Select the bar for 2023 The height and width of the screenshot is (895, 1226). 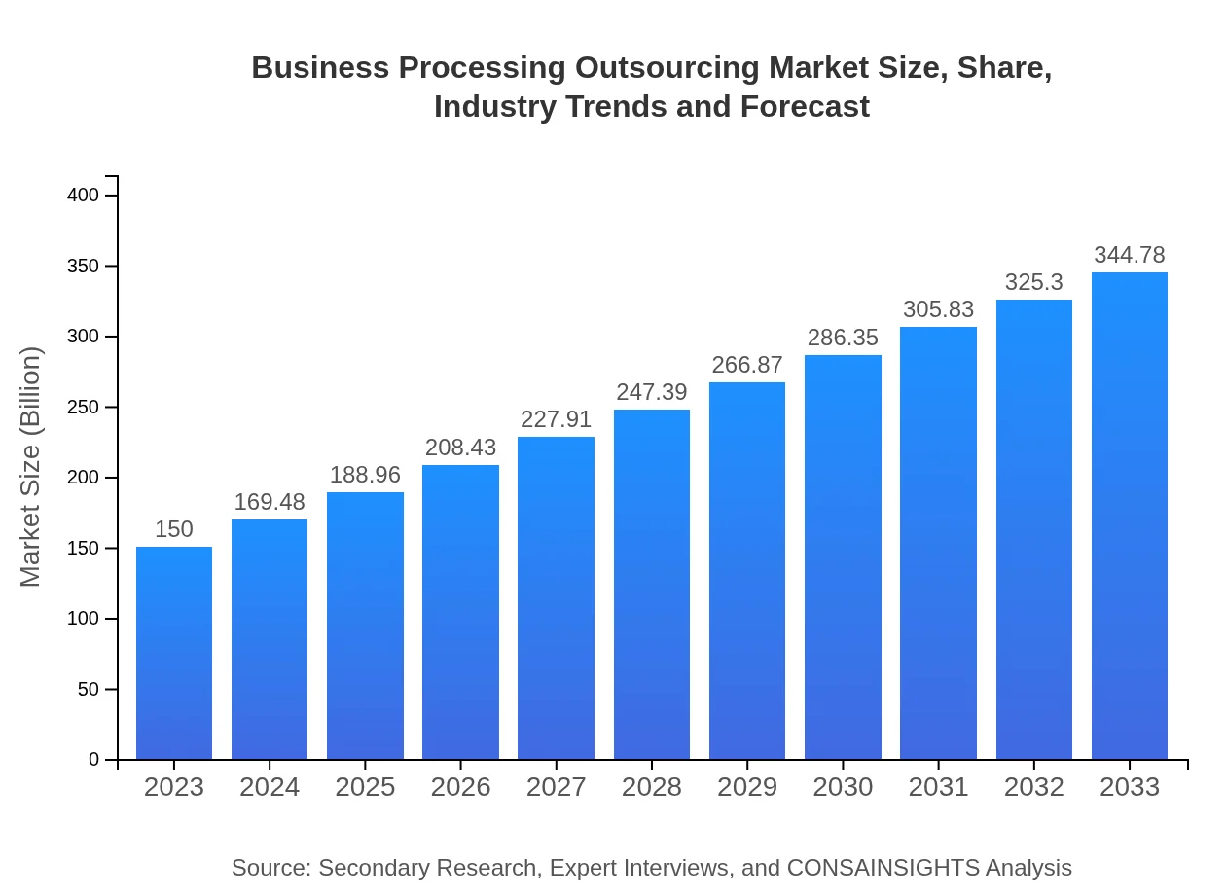click(174, 652)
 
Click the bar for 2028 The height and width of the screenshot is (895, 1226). click(652, 584)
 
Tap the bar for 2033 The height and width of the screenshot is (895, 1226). click(1130, 516)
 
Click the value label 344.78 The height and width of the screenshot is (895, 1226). click(1130, 255)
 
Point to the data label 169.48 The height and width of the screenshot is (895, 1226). click(270, 502)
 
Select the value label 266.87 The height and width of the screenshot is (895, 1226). click(747, 365)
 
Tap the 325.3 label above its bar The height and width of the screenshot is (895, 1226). click(1034, 282)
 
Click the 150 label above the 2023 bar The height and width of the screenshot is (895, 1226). click(174, 529)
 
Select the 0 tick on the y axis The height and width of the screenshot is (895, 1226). click(94, 760)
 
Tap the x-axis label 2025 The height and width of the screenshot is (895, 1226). click(365, 787)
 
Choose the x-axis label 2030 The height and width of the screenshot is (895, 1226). click(843, 787)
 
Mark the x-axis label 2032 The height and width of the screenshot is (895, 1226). click(1034, 787)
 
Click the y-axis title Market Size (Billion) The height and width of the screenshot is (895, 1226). click(31, 467)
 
